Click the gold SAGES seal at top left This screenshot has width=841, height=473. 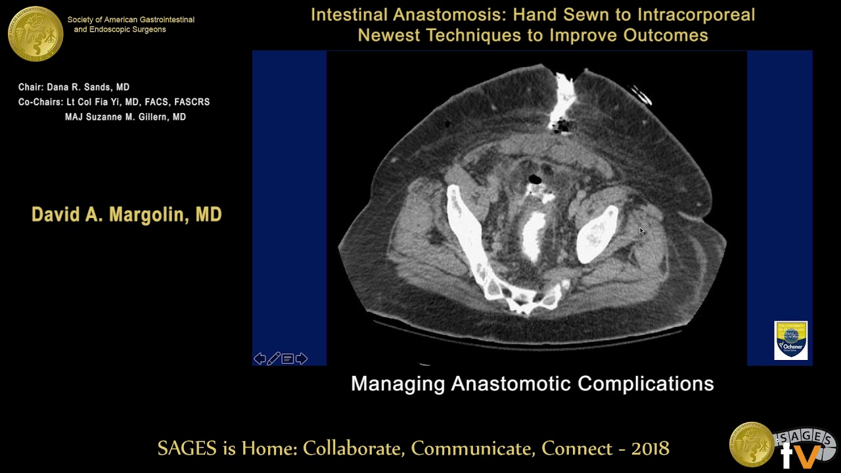point(35,33)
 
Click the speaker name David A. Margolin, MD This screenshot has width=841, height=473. point(126,215)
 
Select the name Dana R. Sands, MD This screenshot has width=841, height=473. point(88,87)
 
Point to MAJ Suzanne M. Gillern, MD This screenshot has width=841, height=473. point(125,117)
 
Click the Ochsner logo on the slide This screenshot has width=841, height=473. point(790,340)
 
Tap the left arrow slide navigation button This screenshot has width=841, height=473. point(260,359)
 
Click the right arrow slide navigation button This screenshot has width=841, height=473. point(302,359)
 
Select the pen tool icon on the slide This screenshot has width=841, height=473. point(273,359)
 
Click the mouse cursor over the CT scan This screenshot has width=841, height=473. point(641,231)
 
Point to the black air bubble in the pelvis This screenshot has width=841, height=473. point(535,179)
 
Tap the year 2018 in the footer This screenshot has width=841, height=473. point(650,449)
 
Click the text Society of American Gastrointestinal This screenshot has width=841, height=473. point(131,20)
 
